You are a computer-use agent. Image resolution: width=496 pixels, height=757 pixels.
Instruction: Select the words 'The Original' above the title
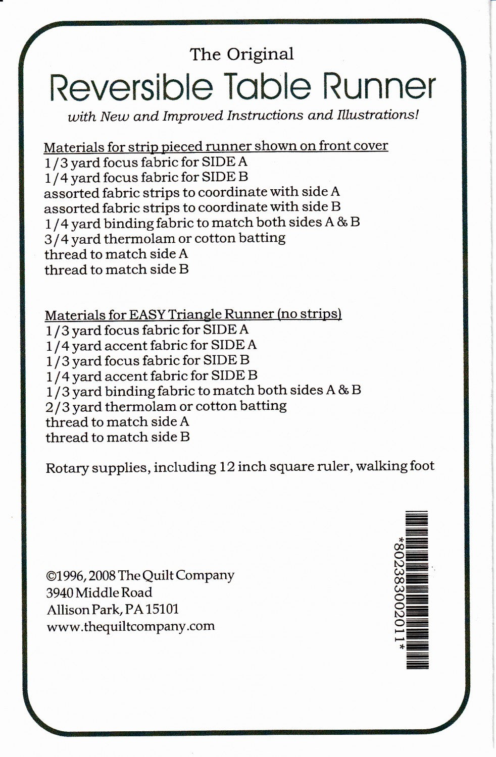point(241,54)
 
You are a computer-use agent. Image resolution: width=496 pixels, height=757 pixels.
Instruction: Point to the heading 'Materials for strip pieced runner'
point(147,146)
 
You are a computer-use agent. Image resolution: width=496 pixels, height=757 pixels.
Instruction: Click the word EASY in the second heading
point(146,314)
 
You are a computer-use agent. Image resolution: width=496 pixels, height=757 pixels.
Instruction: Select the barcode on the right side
point(417,589)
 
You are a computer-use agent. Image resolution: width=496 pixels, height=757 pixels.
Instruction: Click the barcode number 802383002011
point(401,589)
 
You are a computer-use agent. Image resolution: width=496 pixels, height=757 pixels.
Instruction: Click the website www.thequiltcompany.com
point(130,626)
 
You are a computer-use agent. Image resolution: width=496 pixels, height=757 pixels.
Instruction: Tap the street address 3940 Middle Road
point(99,592)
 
